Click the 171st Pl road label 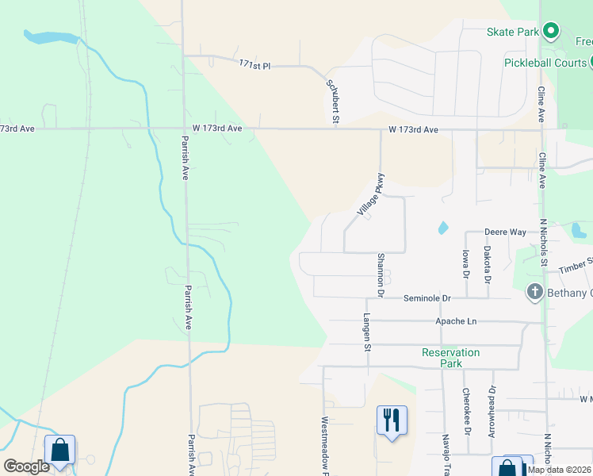coord(255,65)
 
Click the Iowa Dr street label coord(465,263)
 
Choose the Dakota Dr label coord(487,264)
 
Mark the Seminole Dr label coord(427,298)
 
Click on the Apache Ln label coord(456,321)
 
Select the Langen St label coord(367,333)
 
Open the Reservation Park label coord(450,358)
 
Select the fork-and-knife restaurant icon coord(391,419)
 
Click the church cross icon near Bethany coord(534,293)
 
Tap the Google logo coord(26,466)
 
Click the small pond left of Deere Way coord(442,228)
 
